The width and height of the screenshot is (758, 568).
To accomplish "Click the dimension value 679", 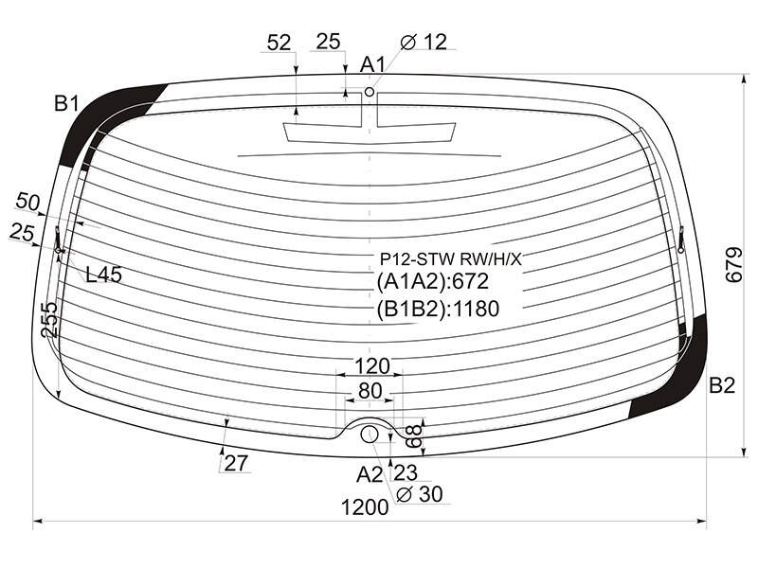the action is coord(733,265).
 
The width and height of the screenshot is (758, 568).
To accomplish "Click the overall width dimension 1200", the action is coord(365,507).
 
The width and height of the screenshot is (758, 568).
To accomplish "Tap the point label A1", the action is coord(372,64).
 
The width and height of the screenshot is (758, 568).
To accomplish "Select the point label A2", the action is coord(370,475).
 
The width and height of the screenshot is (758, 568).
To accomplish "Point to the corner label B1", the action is coord(66,103).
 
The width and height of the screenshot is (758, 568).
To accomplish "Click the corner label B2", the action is coord(722,385).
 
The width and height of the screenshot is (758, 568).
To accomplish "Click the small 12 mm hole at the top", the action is coord(370,92).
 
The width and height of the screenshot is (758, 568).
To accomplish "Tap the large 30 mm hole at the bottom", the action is coord(370,434).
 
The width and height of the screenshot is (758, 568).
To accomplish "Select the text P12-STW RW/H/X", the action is coord(451,259).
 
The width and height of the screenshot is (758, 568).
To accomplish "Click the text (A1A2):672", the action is coord(433,281).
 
